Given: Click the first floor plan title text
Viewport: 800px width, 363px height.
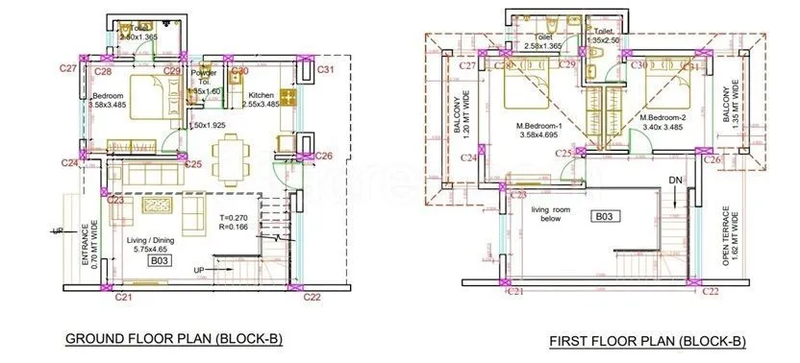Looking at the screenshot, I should pyautogui.click(x=647, y=341).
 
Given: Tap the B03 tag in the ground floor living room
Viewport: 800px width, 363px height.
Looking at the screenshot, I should pyautogui.click(x=159, y=259).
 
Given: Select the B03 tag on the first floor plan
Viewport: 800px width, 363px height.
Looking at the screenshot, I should pyautogui.click(x=604, y=217).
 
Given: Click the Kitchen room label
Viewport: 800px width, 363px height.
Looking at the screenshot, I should pyautogui.click(x=262, y=96).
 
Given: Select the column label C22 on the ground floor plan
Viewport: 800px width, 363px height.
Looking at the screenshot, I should pyautogui.click(x=311, y=298).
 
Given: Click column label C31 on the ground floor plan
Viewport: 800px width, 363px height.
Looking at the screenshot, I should pyautogui.click(x=326, y=70).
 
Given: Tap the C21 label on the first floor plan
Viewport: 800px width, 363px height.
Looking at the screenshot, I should pyautogui.click(x=514, y=290).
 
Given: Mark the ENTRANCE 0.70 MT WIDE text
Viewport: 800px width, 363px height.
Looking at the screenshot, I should pyautogui.click(x=88, y=244).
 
